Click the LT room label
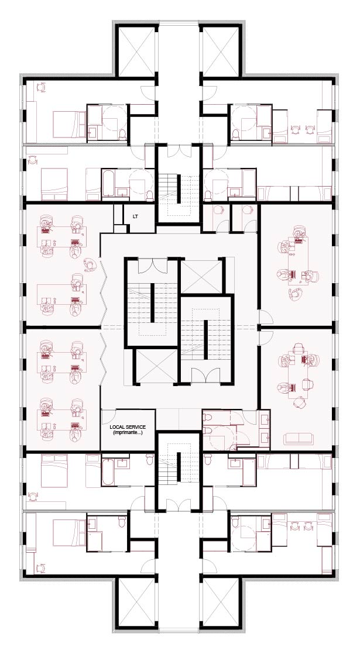coord(135,216)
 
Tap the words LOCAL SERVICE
coord(128,427)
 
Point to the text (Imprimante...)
coord(128,432)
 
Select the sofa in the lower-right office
coord(298,438)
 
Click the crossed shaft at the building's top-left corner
coord(136,50)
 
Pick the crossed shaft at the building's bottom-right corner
coord(221,603)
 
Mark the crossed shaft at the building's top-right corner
coord(221,50)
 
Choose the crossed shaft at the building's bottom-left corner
coord(136,603)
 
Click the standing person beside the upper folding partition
coord(90,264)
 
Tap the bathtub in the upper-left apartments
coord(108,183)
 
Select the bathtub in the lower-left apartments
coord(108,472)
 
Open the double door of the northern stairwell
coord(179,150)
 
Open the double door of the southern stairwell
coord(179,504)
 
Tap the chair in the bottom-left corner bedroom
coord(42,568)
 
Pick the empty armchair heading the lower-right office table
coord(299,348)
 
